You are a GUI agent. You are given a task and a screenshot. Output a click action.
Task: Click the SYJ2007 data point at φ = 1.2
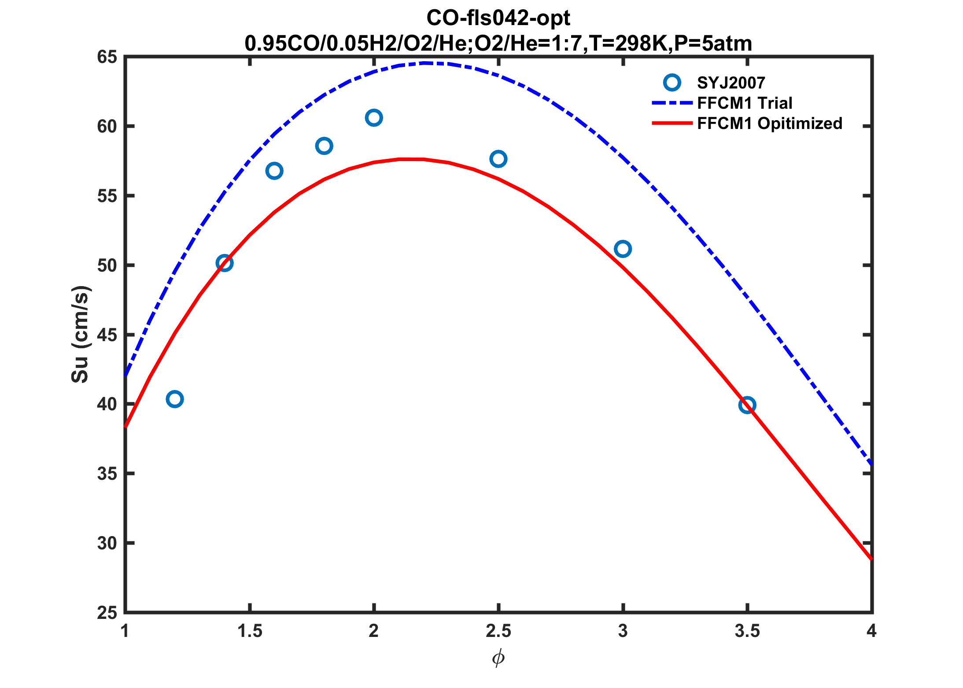(x=175, y=399)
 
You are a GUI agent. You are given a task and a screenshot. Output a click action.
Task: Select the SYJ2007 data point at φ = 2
(x=374, y=118)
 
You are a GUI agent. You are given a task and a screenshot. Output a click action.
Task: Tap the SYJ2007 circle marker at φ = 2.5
(x=498, y=159)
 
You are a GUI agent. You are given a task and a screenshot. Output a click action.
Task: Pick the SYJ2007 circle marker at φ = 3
(x=623, y=249)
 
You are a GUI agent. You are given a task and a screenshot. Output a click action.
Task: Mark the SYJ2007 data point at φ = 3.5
(x=747, y=405)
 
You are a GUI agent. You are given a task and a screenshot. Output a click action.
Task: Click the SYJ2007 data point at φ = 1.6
(x=274, y=171)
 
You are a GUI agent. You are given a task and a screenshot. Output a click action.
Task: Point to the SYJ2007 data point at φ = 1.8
(x=324, y=146)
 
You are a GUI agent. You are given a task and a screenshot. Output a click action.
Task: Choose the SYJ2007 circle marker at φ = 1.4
(x=225, y=263)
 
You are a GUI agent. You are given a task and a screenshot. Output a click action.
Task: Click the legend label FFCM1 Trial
(x=745, y=103)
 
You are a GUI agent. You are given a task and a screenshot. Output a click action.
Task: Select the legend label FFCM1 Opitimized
(x=770, y=123)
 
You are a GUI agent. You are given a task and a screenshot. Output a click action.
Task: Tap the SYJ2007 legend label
(x=731, y=83)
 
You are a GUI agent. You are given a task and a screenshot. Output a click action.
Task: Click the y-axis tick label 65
(x=107, y=57)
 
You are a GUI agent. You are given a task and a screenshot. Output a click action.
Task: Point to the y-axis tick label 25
(x=107, y=613)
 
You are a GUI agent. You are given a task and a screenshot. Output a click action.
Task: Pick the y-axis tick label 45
(x=107, y=335)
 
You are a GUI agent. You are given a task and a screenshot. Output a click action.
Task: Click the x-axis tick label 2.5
(x=498, y=631)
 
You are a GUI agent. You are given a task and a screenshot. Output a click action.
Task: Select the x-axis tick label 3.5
(x=747, y=631)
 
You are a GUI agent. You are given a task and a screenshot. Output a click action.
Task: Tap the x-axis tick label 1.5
(x=250, y=631)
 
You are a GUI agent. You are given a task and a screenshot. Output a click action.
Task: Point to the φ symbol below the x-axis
(x=498, y=659)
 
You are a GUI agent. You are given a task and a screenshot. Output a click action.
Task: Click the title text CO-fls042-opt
(x=498, y=18)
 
